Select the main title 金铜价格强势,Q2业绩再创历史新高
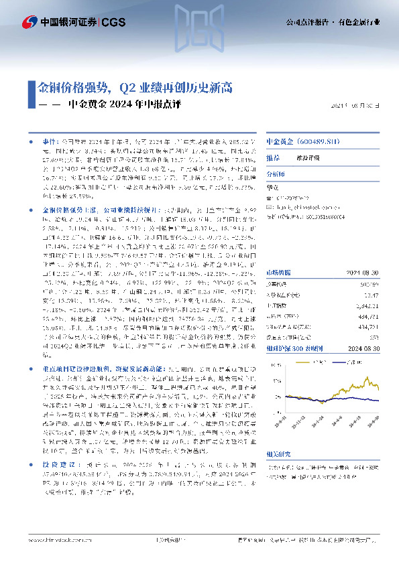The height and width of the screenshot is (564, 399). click(x=135, y=87)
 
